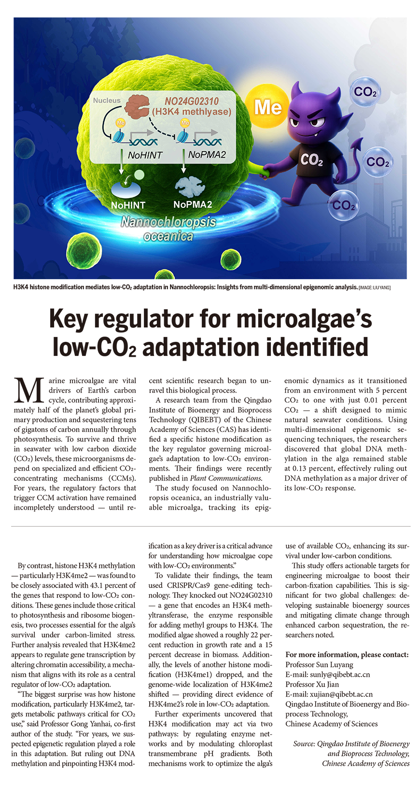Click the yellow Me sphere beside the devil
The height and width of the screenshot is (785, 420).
pyautogui.click(x=268, y=107)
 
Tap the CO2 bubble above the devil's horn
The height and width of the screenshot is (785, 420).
pyautogui.click(x=364, y=92)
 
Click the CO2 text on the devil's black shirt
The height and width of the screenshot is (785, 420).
pyautogui.click(x=311, y=159)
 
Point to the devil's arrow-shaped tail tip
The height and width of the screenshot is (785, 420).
pyautogui.click(x=358, y=144)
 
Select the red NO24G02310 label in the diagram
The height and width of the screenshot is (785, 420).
pyautogui.click(x=192, y=101)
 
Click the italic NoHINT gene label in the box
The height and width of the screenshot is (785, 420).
pyautogui.click(x=145, y=155)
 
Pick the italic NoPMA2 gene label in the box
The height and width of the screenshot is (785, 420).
pyautogui.click(x=207, y=155)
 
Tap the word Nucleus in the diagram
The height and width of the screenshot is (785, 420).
pyautogui.click(x=107, y=100)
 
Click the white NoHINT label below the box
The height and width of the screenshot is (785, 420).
pyautogui.click(x=128, y=205)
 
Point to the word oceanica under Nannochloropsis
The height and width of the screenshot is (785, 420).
pyautogui.click(x=168, y=236)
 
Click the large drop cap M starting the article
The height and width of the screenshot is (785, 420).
pyautogui.click(x=30, y=391)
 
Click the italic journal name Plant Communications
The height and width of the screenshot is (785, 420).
pyautogui.click(x=225, y=478)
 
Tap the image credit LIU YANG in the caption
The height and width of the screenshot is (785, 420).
pyautogui.click(x=380, y=288)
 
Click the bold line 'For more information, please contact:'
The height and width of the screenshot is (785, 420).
pyautogui.click(x=347, y=655)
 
